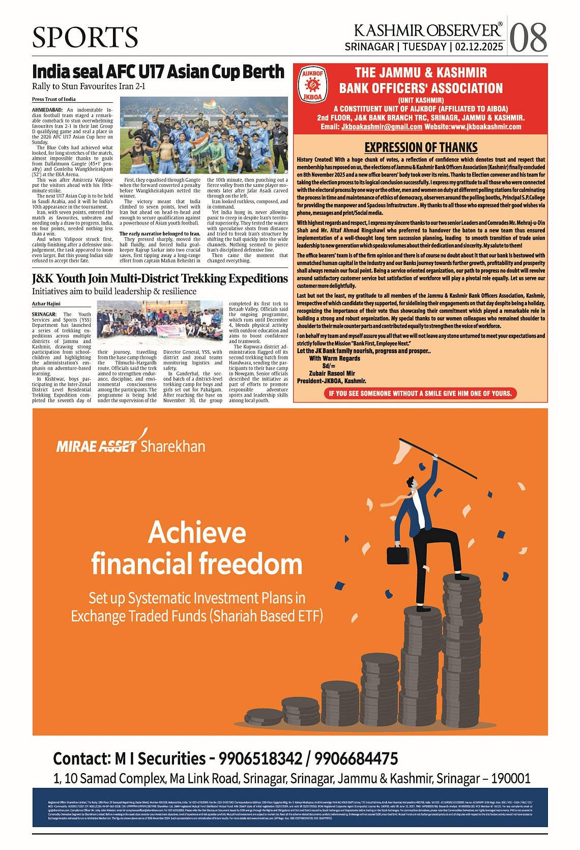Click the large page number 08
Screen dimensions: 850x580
(528, 38)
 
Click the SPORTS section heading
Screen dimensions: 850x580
(85, 37)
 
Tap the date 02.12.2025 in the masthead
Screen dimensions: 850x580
(479, 47)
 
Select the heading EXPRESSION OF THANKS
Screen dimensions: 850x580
(421, 148)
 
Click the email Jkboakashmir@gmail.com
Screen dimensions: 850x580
(382, 127)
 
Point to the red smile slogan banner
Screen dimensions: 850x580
(420, 393)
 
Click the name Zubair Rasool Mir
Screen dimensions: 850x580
(332, 373)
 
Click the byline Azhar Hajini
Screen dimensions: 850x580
(46, 303)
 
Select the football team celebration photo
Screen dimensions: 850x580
(204, 135)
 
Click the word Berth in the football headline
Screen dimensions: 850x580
(263, 72)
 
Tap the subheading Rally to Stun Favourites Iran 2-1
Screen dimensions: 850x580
(89, 86)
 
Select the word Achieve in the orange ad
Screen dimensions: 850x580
(197, 532)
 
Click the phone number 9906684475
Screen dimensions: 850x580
(356, 758)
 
